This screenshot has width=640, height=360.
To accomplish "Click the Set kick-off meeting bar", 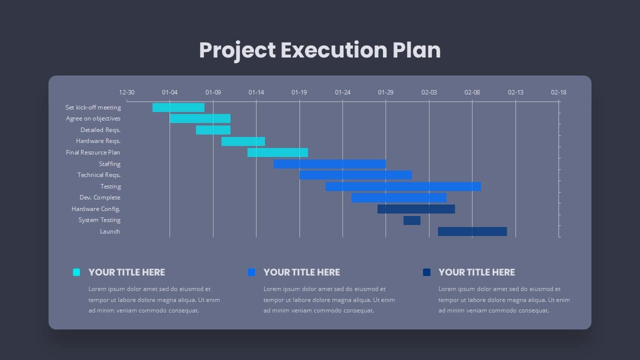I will [x=178, y=107].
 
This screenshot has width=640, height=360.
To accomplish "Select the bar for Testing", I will [x=403, y=186].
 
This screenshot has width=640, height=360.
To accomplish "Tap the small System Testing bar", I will [x=412, y=220].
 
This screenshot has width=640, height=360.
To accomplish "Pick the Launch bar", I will [x=472, y=231].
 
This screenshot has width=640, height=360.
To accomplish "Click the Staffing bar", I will [x=329, y=164].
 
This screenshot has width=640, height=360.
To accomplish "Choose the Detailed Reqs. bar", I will [x=213, y=130].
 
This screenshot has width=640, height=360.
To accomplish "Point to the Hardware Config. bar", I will [x=416, y=209].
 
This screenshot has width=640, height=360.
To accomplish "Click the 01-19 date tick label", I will [x=299, y=92].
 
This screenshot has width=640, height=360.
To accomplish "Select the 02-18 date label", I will [x=558, y=92].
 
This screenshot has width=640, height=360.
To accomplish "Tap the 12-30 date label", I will [x=126, y=92].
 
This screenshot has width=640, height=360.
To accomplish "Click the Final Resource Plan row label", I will [x=93, y=152].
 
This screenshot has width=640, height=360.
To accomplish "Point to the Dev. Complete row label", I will [x=100, y=197].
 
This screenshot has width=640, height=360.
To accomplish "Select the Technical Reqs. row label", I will [x=99, y=175].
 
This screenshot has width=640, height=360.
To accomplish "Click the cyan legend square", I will [x=76, y=272].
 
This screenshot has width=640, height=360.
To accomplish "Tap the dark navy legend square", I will [x=426, y=272].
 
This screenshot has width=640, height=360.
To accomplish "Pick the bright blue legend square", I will [x=251, y=272].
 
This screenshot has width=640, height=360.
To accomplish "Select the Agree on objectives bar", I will [x=200, y=118].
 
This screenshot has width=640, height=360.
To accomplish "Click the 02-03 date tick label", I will [x=429, y=92].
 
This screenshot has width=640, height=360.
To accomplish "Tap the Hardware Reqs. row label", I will [x=98, y=141].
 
